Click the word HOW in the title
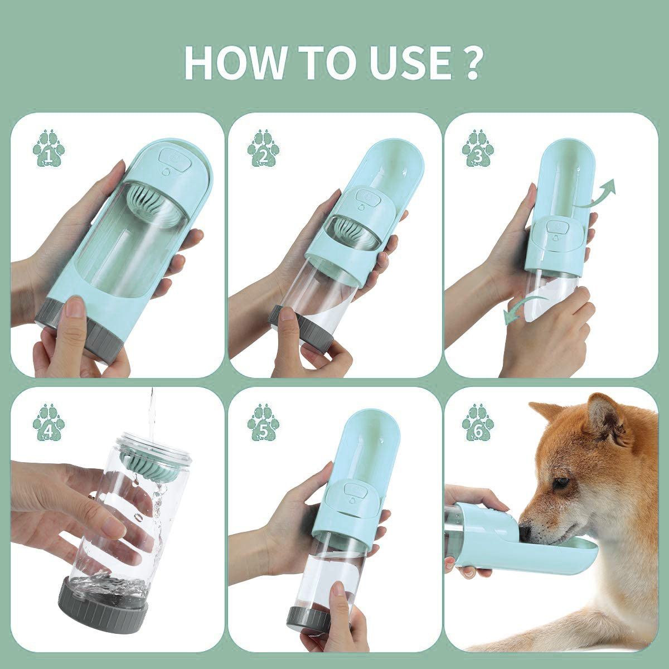click(x=234, y=62)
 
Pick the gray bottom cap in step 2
click(x=302, y=330)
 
